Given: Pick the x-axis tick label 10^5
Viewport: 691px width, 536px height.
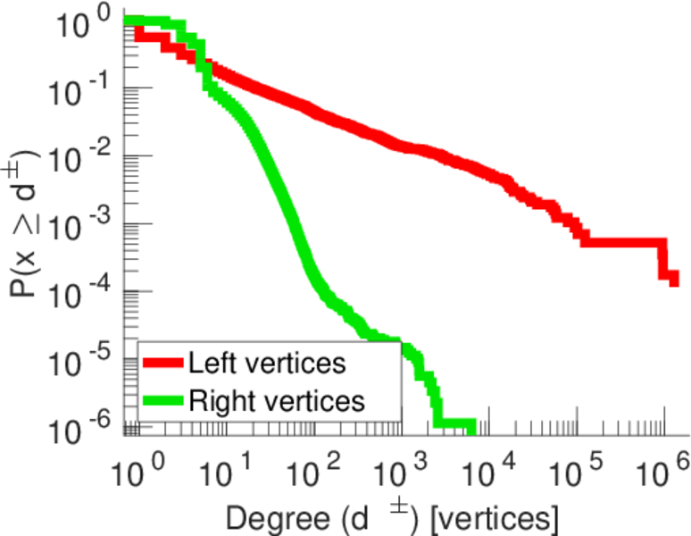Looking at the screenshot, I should (576, 469).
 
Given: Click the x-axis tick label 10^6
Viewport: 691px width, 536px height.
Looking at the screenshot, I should (663, 469).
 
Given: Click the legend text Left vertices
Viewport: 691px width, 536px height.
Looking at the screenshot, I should (268, 364).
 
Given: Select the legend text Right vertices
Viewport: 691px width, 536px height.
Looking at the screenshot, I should (276, 400).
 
